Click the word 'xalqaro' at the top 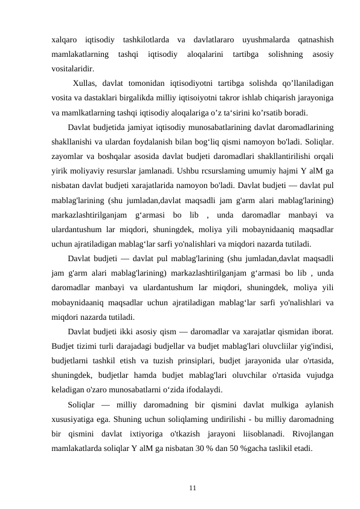[x=65, y=40]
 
